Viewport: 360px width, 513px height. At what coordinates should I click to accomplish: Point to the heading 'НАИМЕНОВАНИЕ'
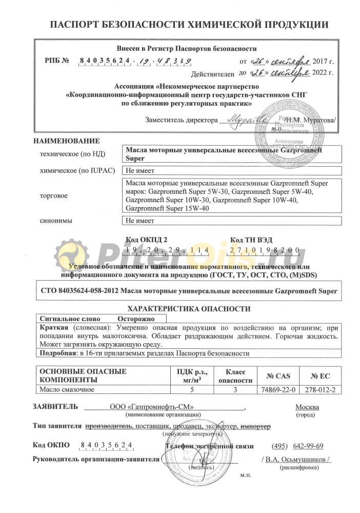coord(66,141)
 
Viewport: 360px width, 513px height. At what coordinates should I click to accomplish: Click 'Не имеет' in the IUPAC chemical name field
coord(139,171)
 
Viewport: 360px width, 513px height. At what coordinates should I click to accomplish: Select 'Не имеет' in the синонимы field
coord(139,221)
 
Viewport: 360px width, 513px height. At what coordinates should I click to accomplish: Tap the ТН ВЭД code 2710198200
coord(265,250)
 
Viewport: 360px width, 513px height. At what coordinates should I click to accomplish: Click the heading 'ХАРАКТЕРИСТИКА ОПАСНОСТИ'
coord(188,309)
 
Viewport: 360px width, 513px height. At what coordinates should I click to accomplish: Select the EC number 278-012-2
coord(319,389)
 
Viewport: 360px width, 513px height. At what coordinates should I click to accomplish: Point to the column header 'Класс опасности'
coord(232,376)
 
